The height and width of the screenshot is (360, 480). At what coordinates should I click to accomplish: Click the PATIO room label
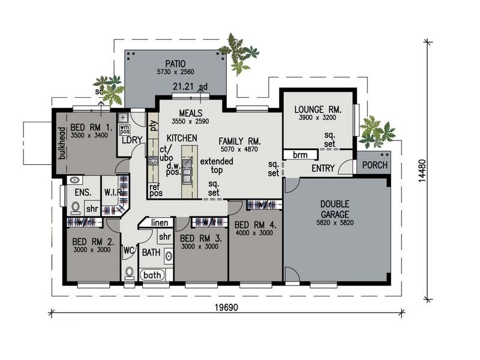[175, 63]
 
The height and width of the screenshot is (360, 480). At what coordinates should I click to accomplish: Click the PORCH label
[376, 166]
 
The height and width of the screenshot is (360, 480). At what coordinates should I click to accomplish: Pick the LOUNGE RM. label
[317, 110]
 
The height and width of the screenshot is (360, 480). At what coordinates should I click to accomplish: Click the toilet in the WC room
[129, 273]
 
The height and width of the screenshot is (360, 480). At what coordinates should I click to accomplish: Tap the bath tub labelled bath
[152, 275]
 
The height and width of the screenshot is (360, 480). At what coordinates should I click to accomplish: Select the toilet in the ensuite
[76, 208]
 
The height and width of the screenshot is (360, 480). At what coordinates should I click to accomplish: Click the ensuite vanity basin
[74, 181]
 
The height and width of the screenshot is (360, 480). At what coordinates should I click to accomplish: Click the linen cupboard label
[158, 223]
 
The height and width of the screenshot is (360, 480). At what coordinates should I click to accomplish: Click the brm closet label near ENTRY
[300, 155]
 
